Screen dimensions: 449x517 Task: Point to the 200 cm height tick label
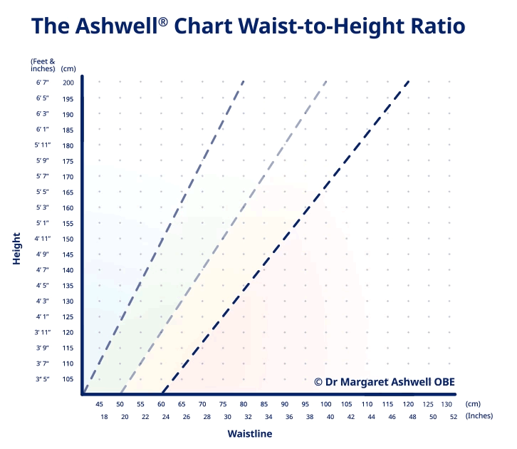point(68,83)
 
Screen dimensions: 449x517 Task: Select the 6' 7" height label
point(42,83)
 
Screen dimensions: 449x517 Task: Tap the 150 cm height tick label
point(68,239)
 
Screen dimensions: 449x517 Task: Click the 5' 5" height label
point(42,192)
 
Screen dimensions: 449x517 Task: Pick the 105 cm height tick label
point(68,379)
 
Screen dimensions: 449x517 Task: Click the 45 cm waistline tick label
point(100,403)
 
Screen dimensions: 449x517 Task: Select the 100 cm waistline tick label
point(326,403)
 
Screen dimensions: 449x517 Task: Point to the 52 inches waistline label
point(454,416)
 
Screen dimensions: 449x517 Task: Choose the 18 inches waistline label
point(104,416)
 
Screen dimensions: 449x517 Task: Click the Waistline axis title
point(249,433)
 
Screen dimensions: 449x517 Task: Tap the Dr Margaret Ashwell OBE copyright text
point(384,381)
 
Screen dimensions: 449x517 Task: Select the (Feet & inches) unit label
point(42,65)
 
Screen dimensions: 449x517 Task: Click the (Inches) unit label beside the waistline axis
point(479,416)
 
